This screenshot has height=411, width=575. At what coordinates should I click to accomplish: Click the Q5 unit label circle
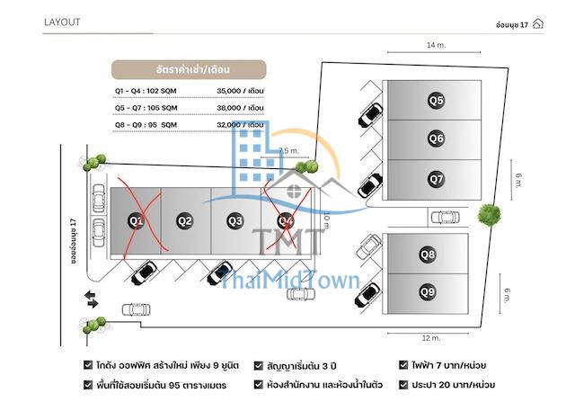[436, 101]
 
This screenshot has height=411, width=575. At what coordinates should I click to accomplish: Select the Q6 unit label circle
[436, 138]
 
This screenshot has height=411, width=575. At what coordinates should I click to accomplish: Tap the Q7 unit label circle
[436, 179]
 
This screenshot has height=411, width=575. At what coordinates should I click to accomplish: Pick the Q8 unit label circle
[428, 255]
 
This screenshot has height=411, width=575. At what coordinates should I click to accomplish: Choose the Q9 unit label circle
[428, 291]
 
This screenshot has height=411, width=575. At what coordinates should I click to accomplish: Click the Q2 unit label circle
[185, 219]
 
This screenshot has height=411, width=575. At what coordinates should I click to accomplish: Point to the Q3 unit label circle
[235, 219]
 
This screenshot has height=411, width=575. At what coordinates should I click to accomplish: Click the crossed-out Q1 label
[136, 219]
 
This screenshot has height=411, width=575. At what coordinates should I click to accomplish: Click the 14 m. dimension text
[437, 44]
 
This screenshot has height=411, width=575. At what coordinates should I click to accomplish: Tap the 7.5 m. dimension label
[288, 151]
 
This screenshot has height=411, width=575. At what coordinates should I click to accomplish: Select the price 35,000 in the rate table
[230, 91]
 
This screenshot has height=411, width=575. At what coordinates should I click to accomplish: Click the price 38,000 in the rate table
[230, 108]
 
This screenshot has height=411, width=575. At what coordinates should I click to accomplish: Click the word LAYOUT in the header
[62, 22]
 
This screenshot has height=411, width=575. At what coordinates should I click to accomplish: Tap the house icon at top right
[537, 23]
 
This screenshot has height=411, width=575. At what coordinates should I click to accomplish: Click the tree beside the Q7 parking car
[489, 214]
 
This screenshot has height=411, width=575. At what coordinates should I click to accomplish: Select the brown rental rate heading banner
[188, 68]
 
